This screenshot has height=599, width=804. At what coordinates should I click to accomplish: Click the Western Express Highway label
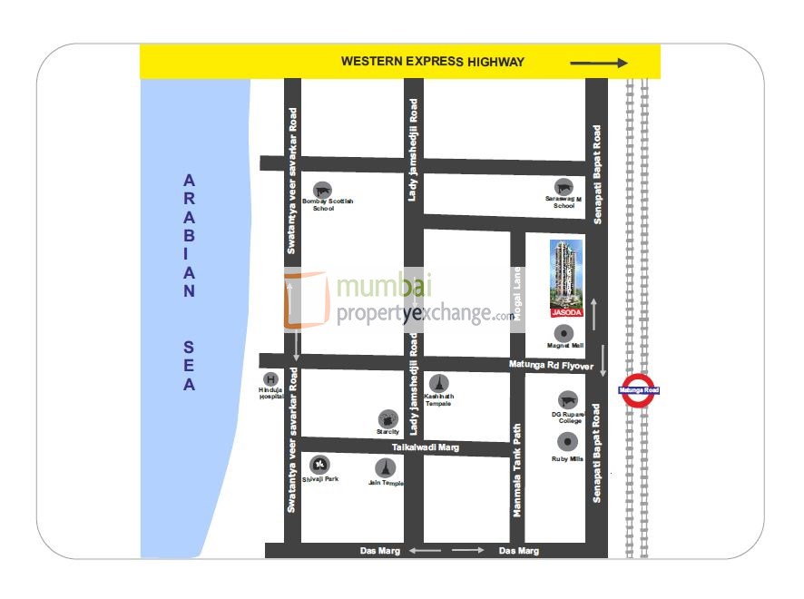coord(432,62)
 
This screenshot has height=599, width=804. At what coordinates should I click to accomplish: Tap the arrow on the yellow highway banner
coord(598,64)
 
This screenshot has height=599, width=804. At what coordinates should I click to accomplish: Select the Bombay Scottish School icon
coord(322,188)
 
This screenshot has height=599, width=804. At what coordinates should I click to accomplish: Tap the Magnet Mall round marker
coord(565,329)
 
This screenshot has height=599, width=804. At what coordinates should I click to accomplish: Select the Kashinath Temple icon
coord(439,382)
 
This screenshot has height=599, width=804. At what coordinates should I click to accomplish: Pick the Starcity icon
coord(388,418)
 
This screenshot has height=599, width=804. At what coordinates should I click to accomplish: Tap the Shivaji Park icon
coord(319,465)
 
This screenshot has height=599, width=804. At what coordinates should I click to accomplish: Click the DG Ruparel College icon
coord(567,400)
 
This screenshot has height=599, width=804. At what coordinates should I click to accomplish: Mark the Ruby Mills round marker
coord(567,442)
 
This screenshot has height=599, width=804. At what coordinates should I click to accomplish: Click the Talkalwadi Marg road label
coord(427,447)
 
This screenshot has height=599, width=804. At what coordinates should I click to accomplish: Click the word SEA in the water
coord(189,366)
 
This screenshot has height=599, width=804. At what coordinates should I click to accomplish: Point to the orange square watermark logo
coord(306,300)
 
